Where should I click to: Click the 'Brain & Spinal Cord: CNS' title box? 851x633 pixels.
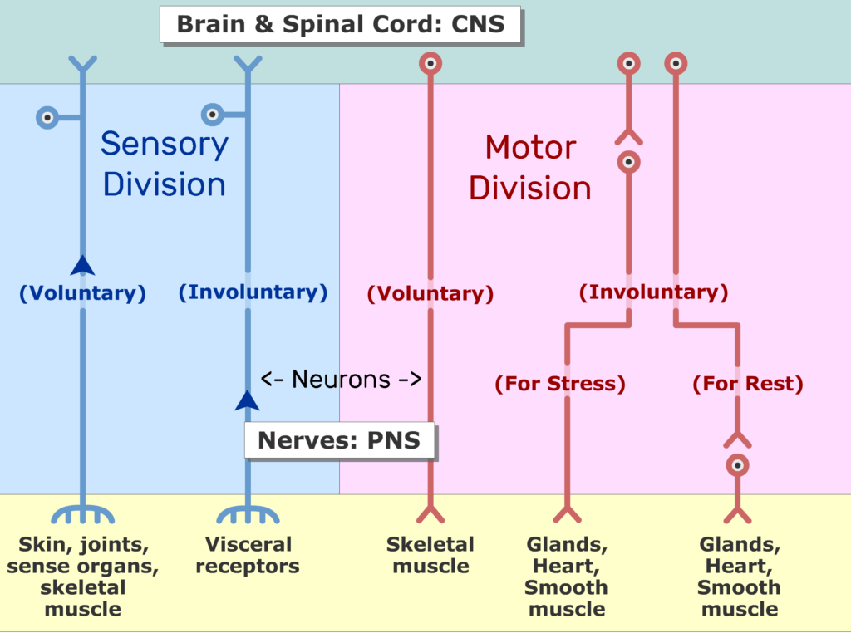(x=340, y=23)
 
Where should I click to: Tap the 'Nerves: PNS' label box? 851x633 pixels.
(x=340, y=440)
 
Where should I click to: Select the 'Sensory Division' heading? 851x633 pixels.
(x=164, y=164)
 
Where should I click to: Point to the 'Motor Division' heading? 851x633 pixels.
(x=530, y=168)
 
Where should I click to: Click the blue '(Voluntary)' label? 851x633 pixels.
(x=82, y=293)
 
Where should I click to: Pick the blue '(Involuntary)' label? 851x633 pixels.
(x=253, y=292)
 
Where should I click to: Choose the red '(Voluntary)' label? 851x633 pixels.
(x=430, y=293)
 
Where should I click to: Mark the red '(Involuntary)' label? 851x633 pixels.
(x=653, y=292)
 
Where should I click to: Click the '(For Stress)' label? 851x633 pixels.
(x=560, y=385)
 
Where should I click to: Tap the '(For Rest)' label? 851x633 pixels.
(x=748, y=385)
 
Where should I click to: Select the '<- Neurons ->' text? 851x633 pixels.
(x=342, y=380)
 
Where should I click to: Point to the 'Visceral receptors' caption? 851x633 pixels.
(x=248, y=556)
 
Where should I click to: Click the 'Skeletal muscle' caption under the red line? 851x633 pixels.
(x=430, y=556)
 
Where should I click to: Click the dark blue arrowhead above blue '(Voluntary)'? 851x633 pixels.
(x=82, y=265)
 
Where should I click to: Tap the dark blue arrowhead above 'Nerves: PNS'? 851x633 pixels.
(x=247, y=400)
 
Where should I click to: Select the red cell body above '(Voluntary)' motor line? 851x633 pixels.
(x=430, y=63)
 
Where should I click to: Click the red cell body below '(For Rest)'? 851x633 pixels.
(x=737, y=465)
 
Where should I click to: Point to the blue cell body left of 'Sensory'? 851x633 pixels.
(x=48, y=117)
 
